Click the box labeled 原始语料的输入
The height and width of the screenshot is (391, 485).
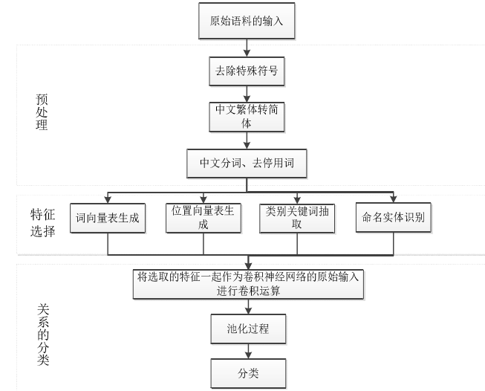tap(247, 21)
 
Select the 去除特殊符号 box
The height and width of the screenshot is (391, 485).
tap(247, 71)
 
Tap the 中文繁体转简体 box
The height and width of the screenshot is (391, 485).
tap(247, 117)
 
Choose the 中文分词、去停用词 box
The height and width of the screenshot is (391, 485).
tap(247, 163)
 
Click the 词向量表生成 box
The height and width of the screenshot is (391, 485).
tap(108, 218)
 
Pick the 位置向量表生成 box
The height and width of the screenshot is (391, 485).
tap(204, 218)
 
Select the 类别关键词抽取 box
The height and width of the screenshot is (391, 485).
tap(297, 219)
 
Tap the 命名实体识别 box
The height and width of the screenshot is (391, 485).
tap(393, 217)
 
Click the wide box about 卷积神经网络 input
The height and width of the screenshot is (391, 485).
tap(248, 284)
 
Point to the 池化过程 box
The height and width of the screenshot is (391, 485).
tap(248, 329)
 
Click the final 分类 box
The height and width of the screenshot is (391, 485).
tap(248, 373)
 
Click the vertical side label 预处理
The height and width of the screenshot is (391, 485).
tap(42, 112)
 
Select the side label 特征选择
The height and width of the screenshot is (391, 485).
tap(42, 223)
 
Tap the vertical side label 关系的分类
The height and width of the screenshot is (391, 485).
tap(43, 335)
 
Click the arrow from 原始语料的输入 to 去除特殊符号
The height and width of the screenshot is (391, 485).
tap(247, 48)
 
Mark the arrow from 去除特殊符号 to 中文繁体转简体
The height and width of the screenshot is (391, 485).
tap(247, 94)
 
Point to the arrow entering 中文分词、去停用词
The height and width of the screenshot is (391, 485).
tap(247, 140)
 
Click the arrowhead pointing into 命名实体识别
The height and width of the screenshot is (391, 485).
tap(393, 198)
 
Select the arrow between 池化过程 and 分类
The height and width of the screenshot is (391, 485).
tap(248, 352)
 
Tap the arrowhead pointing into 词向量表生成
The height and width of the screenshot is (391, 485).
tap(108, 199)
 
